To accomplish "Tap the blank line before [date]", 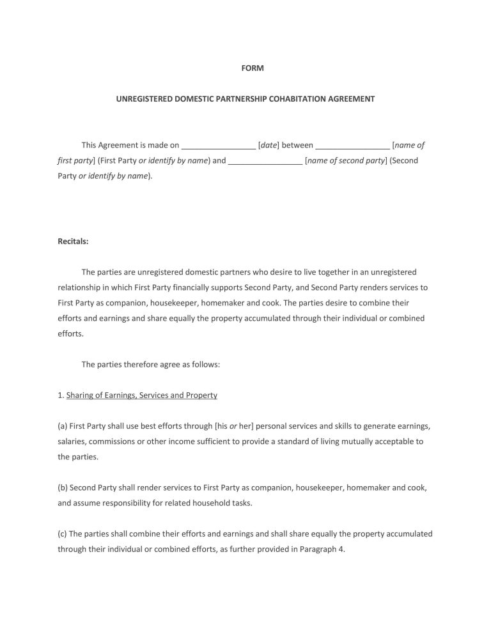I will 219,146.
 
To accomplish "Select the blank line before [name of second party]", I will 265,160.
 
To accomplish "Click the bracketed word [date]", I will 269,145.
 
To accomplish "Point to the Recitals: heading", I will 73,241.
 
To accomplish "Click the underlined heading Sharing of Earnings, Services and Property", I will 142,395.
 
